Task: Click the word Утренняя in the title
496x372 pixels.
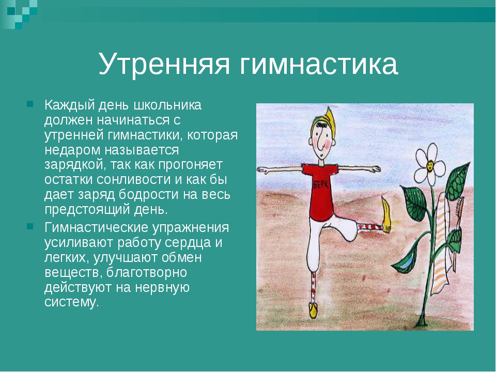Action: click(164, 63)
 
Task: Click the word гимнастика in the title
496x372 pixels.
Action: click(318, 63)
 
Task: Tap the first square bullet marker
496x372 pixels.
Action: click(30, 104)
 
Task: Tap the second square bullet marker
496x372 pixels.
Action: click(30, 226)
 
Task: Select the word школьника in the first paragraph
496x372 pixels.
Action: click(167, 105)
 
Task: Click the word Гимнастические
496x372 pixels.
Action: click(96, 227)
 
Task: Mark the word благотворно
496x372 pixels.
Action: click(146, 272)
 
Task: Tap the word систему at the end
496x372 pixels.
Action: click(72, 302)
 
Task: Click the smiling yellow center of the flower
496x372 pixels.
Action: click(430, 165)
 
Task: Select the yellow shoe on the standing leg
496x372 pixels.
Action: click(313, 311)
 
